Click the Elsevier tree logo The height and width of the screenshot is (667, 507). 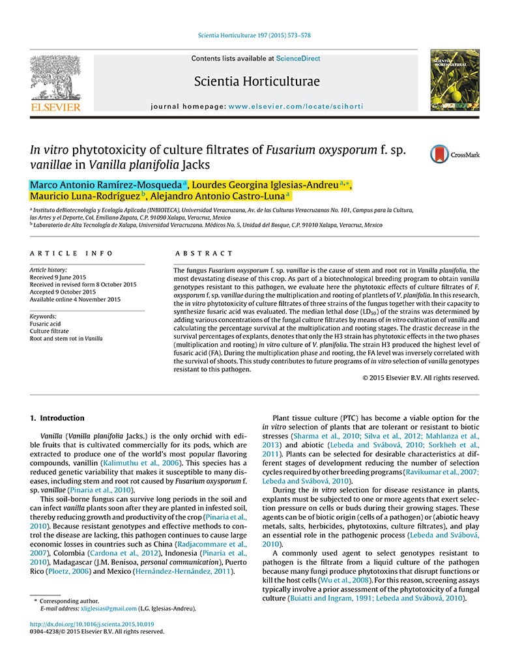tap(55, 79)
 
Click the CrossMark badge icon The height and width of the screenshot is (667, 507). tap(455, 154)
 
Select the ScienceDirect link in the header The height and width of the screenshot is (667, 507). tap(298, 59)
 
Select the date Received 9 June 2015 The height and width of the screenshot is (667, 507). tap(58, 277)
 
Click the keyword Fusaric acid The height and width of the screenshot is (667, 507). tap(46, 323)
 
